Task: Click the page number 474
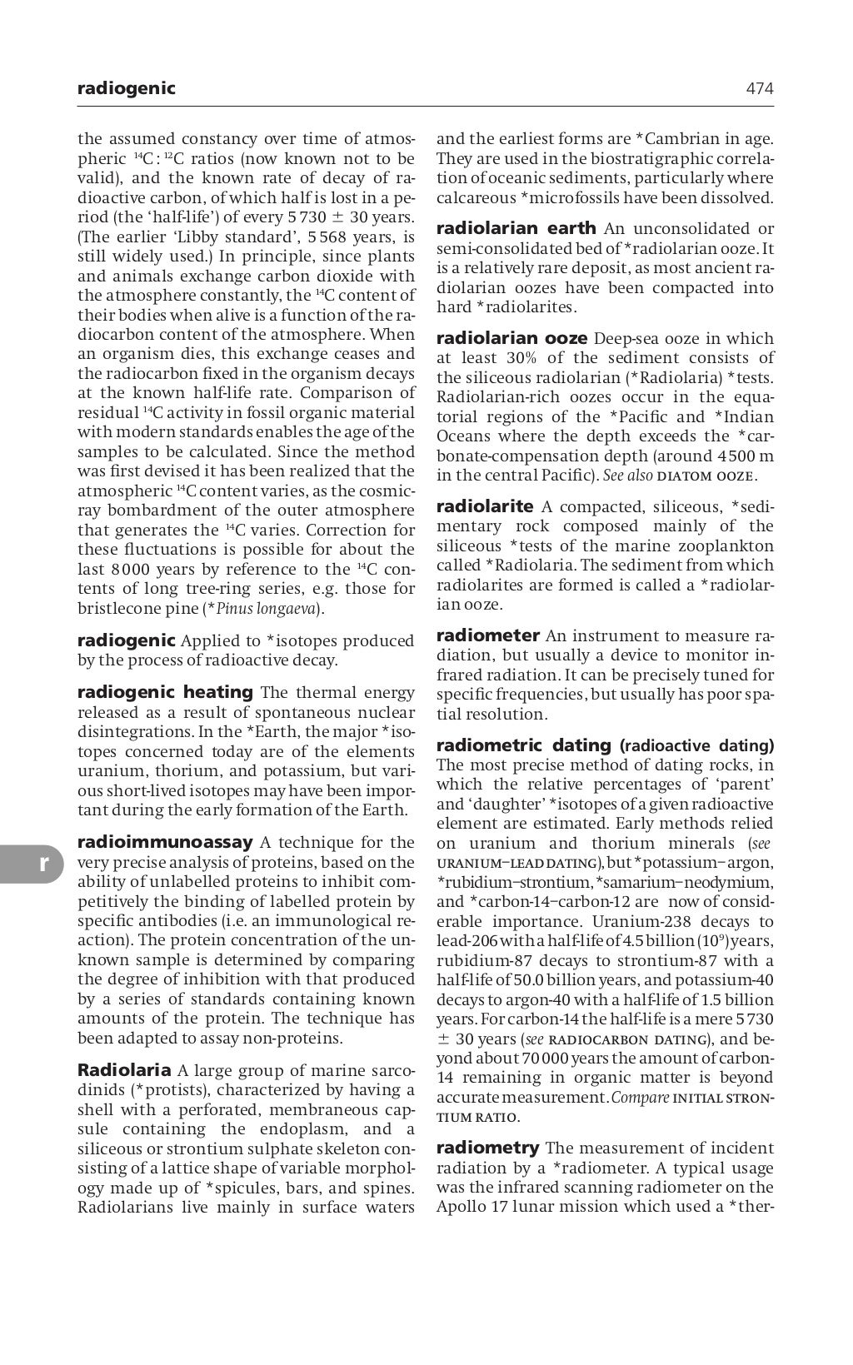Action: point(760,88)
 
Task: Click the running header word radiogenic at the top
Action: point(126,88)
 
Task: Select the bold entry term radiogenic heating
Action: point(165,692)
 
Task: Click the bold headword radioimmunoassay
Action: point(164,842)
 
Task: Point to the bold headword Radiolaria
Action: point(124,1070)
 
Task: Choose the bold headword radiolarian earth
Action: point(516,228)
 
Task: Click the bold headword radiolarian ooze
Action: point(512,339)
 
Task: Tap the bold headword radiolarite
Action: point(485,506)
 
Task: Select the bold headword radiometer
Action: point(488,636)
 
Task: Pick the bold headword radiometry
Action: point(487,1148)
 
